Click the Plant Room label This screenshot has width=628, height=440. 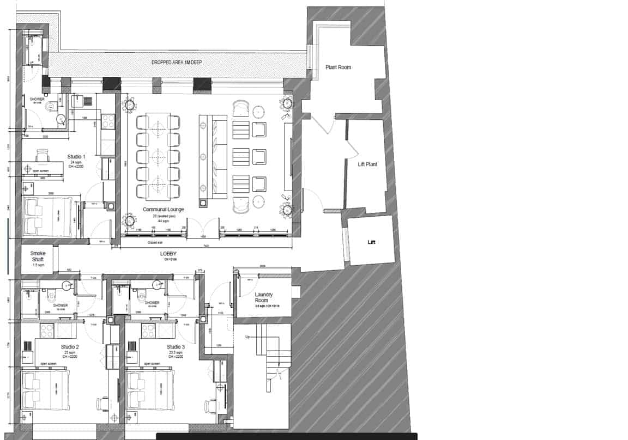(x=338, y=68)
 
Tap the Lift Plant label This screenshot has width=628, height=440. (x=367, y=164)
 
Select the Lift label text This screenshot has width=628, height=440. (x=372, y=242)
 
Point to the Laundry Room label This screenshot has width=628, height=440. (x=263, y=297)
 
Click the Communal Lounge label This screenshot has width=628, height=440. (x=164, y=209)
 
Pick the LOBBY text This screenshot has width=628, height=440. (x=168, y=254)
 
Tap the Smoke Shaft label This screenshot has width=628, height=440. (x=38, y=256)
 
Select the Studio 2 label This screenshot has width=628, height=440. (x=70, y=347)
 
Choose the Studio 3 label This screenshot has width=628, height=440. (x=176, y=347)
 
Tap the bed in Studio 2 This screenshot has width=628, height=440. (x=45, y=389)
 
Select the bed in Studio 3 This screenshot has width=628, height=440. (x=150, y=389)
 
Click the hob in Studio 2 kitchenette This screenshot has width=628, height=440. (x=46, y=330)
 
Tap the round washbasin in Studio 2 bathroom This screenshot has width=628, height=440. (x=67, y=284)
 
